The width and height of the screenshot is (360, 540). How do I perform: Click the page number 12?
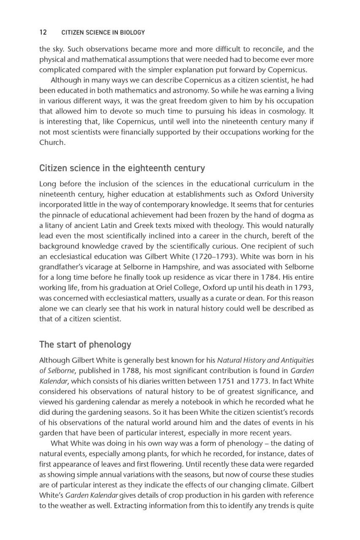coord(43,32)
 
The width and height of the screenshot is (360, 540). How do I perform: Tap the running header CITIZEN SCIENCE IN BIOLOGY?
coord(103,32)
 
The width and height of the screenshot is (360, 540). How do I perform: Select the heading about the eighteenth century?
coord(122,168)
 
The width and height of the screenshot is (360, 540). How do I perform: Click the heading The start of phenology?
coord(85,344)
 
